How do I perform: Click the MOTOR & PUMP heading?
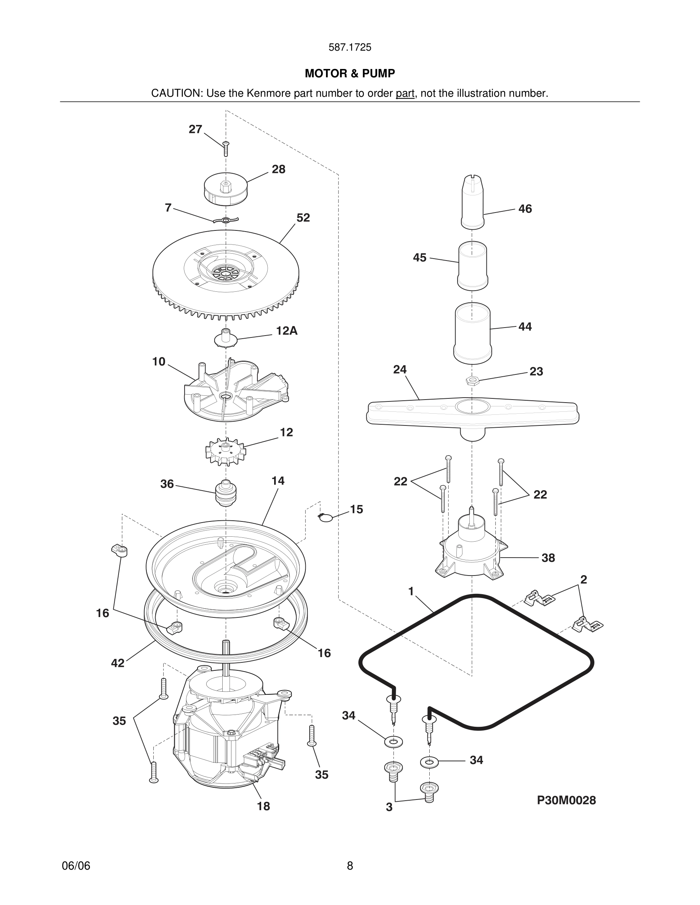click(x=350, y=74)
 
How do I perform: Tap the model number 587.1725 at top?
click(x=350, y=47)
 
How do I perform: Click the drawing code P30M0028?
click(x=566, y=800)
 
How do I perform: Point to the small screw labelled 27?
click(x=226, y=148)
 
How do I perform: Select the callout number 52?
click(x=303, y=217)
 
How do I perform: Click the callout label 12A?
click(x=287, y=331)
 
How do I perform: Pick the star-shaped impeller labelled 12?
click(x=225, y=451)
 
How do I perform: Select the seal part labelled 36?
click(x=226, y=493)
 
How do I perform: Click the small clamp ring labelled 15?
click(x=326, y=517)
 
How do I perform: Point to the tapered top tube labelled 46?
click(x=472, y=202)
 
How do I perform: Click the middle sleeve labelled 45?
click(x=472, y=265)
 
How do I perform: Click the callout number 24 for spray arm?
click(x=400, y=369)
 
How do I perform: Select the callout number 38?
click(x=548, y=558)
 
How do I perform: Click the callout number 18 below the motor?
click(x=263, y=806)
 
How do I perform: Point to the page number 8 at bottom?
click(x=350, y=866)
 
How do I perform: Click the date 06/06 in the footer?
click(x=76, y=866)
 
